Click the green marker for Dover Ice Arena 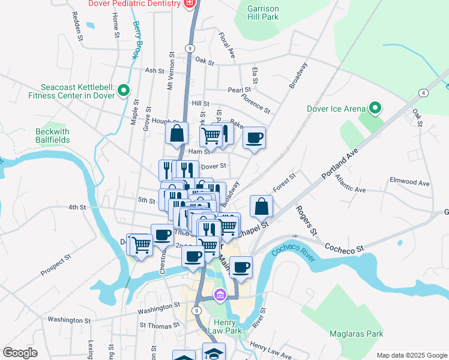click(x=375, y=108)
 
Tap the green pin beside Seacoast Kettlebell click(x=124, y=91)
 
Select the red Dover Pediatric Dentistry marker click(x=190, y=4)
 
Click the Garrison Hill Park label click(x=264, y=13)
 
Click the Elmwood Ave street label click(x=410, y=182)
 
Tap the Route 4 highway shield click(x=424, y=92)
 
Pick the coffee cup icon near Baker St click(x=254, y=137)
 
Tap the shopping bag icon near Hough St click(x=177, y=134)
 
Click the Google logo click(x=20, y=353)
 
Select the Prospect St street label click(x=56, y=265)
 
